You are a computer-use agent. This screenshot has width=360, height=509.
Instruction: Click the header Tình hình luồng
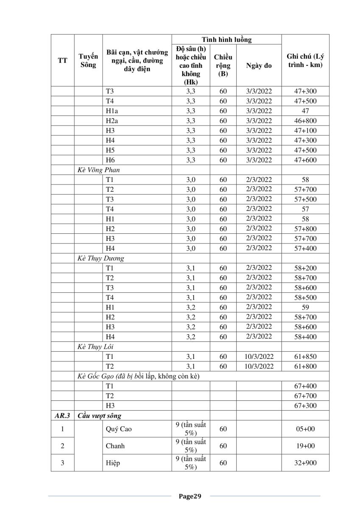(x=226, y=40)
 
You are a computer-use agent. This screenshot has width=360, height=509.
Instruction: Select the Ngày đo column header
(x=259, y=66)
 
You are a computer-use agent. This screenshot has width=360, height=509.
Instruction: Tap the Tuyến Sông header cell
(x=88, y=61)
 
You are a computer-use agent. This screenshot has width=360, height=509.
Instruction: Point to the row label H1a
(x=112, y=111)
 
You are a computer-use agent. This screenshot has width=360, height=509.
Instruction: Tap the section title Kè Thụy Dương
(x=100, y=258)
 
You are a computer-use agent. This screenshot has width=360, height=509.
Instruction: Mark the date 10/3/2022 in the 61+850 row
(x=259, y=356)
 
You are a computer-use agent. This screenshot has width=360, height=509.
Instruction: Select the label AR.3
(x=62, y=416)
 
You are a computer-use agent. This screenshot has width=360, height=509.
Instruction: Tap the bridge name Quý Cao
(x=119, y=429)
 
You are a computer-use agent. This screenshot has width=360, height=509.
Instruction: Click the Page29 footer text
(x=190, y=496)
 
